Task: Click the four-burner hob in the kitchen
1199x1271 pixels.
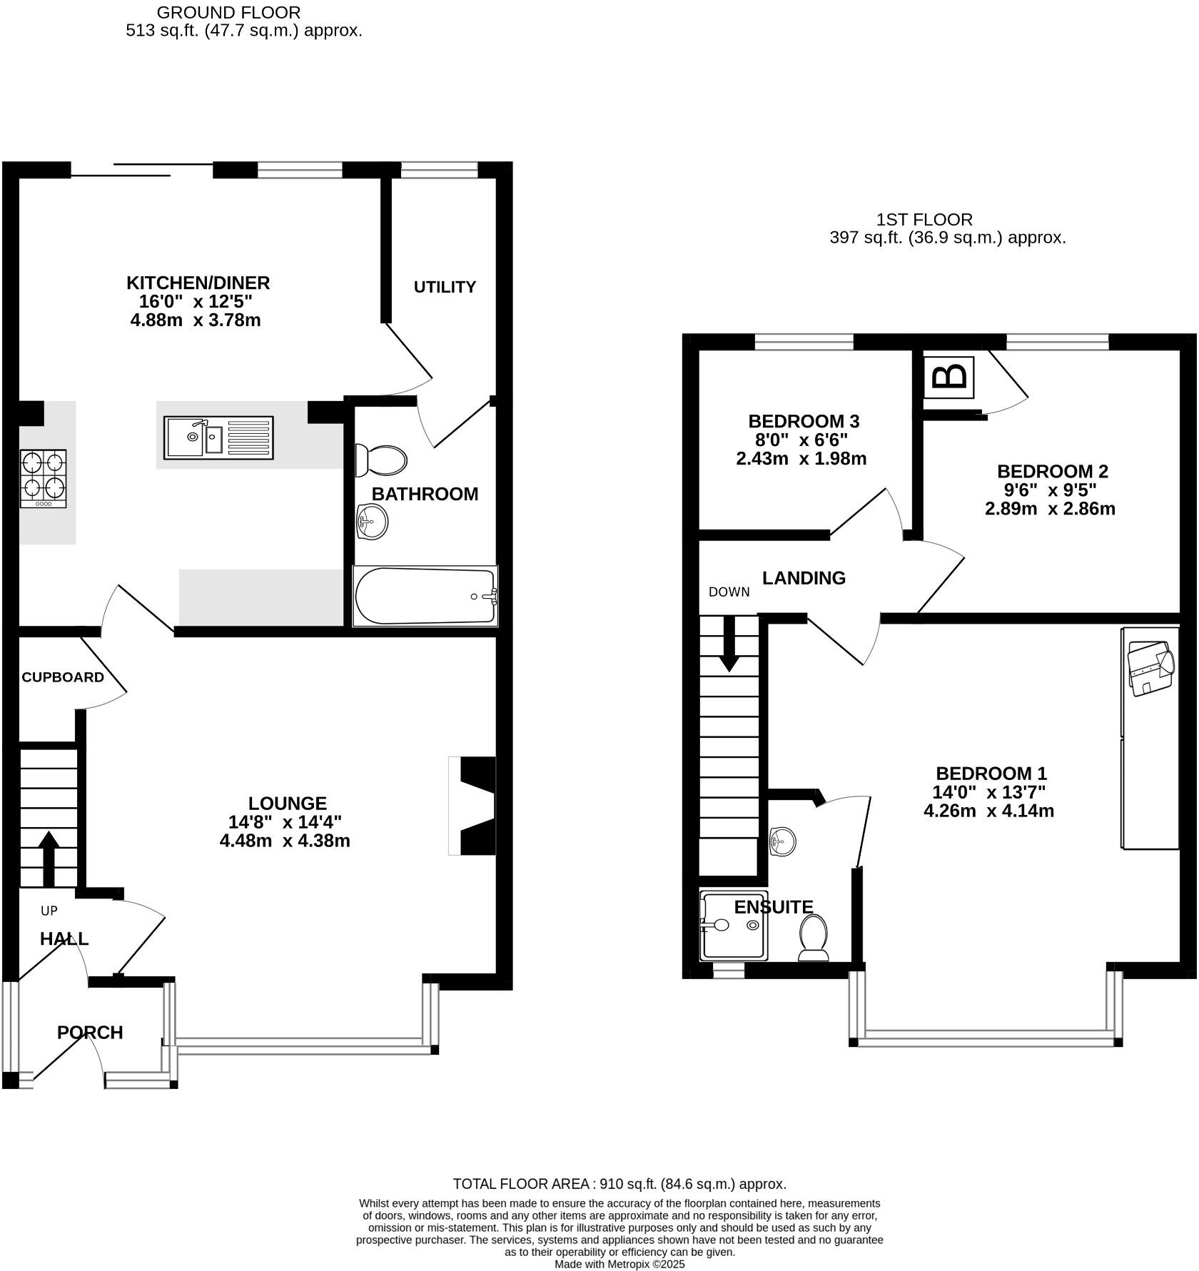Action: point(44,478)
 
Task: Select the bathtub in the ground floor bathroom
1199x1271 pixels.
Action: point(425,596)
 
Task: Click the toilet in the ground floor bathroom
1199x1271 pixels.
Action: point(381,460)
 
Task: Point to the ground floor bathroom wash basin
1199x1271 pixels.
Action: point(372,522)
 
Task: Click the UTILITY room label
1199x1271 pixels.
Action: point(445,287)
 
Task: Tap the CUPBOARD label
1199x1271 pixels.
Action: point(63,677)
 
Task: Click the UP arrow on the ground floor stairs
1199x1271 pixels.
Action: point(49,856)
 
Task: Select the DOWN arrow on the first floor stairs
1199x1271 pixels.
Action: point(729,644)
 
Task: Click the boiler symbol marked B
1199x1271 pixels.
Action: point(948,376)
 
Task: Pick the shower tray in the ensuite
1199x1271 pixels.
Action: point(734,926)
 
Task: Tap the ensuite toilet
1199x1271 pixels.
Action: point(814,938)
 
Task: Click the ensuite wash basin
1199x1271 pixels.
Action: point(782,843)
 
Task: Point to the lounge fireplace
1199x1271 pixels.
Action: point(472,805)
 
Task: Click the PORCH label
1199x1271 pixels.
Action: point(90,1032)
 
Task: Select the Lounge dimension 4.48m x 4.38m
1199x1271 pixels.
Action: point(285,841)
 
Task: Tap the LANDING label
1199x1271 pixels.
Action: point(804,578)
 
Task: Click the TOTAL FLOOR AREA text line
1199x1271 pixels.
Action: point(619,1184)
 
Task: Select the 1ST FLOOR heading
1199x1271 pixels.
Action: point(924,220)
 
